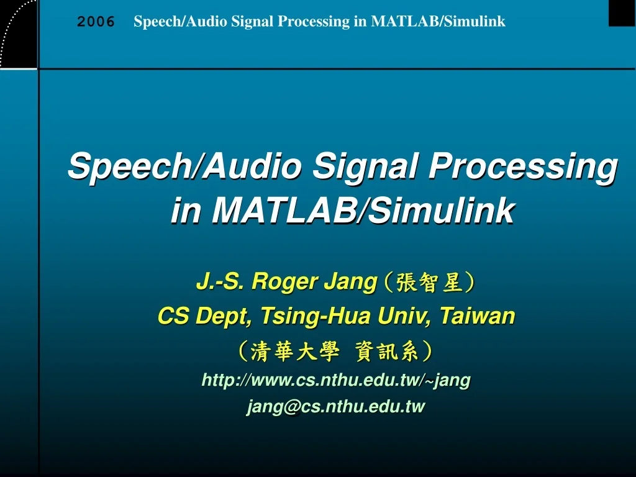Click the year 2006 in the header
tap(96, 22)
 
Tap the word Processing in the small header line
tap(314, 22)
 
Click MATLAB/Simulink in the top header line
tap(438, 22)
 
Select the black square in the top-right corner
tap(621, 12)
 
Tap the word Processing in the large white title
tap(524, 167)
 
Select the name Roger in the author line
tap(284, 282)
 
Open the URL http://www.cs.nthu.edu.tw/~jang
tap(336, 380)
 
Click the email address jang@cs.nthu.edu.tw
tap(336, 407)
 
